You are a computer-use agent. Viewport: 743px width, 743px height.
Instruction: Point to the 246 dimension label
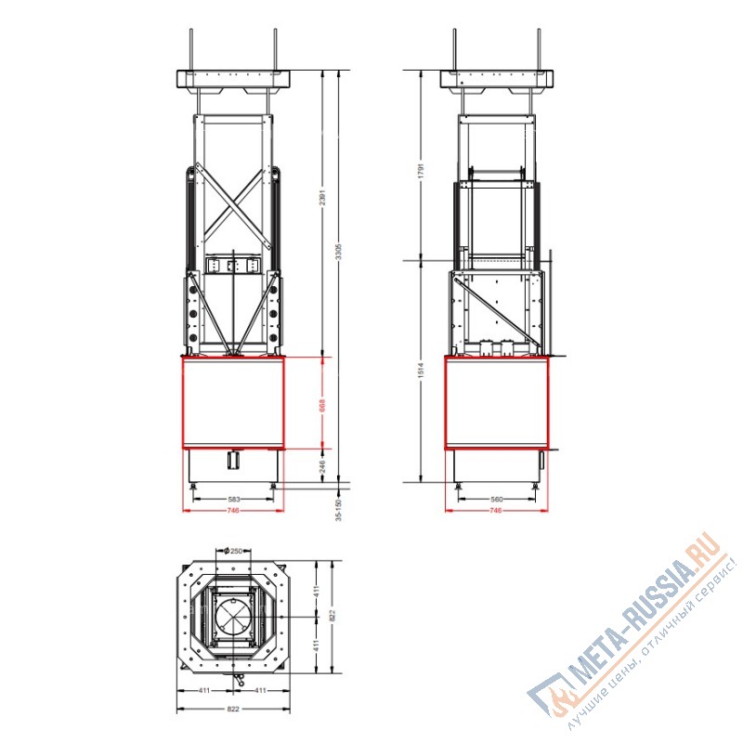322,467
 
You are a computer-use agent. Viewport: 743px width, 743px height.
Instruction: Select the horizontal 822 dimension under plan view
232,709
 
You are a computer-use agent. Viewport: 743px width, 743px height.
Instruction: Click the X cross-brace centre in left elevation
233,202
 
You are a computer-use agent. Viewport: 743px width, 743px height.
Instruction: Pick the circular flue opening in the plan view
233,616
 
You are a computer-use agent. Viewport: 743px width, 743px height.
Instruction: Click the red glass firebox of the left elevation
233,403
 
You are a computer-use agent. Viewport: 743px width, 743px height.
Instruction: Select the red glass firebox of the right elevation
496,403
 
